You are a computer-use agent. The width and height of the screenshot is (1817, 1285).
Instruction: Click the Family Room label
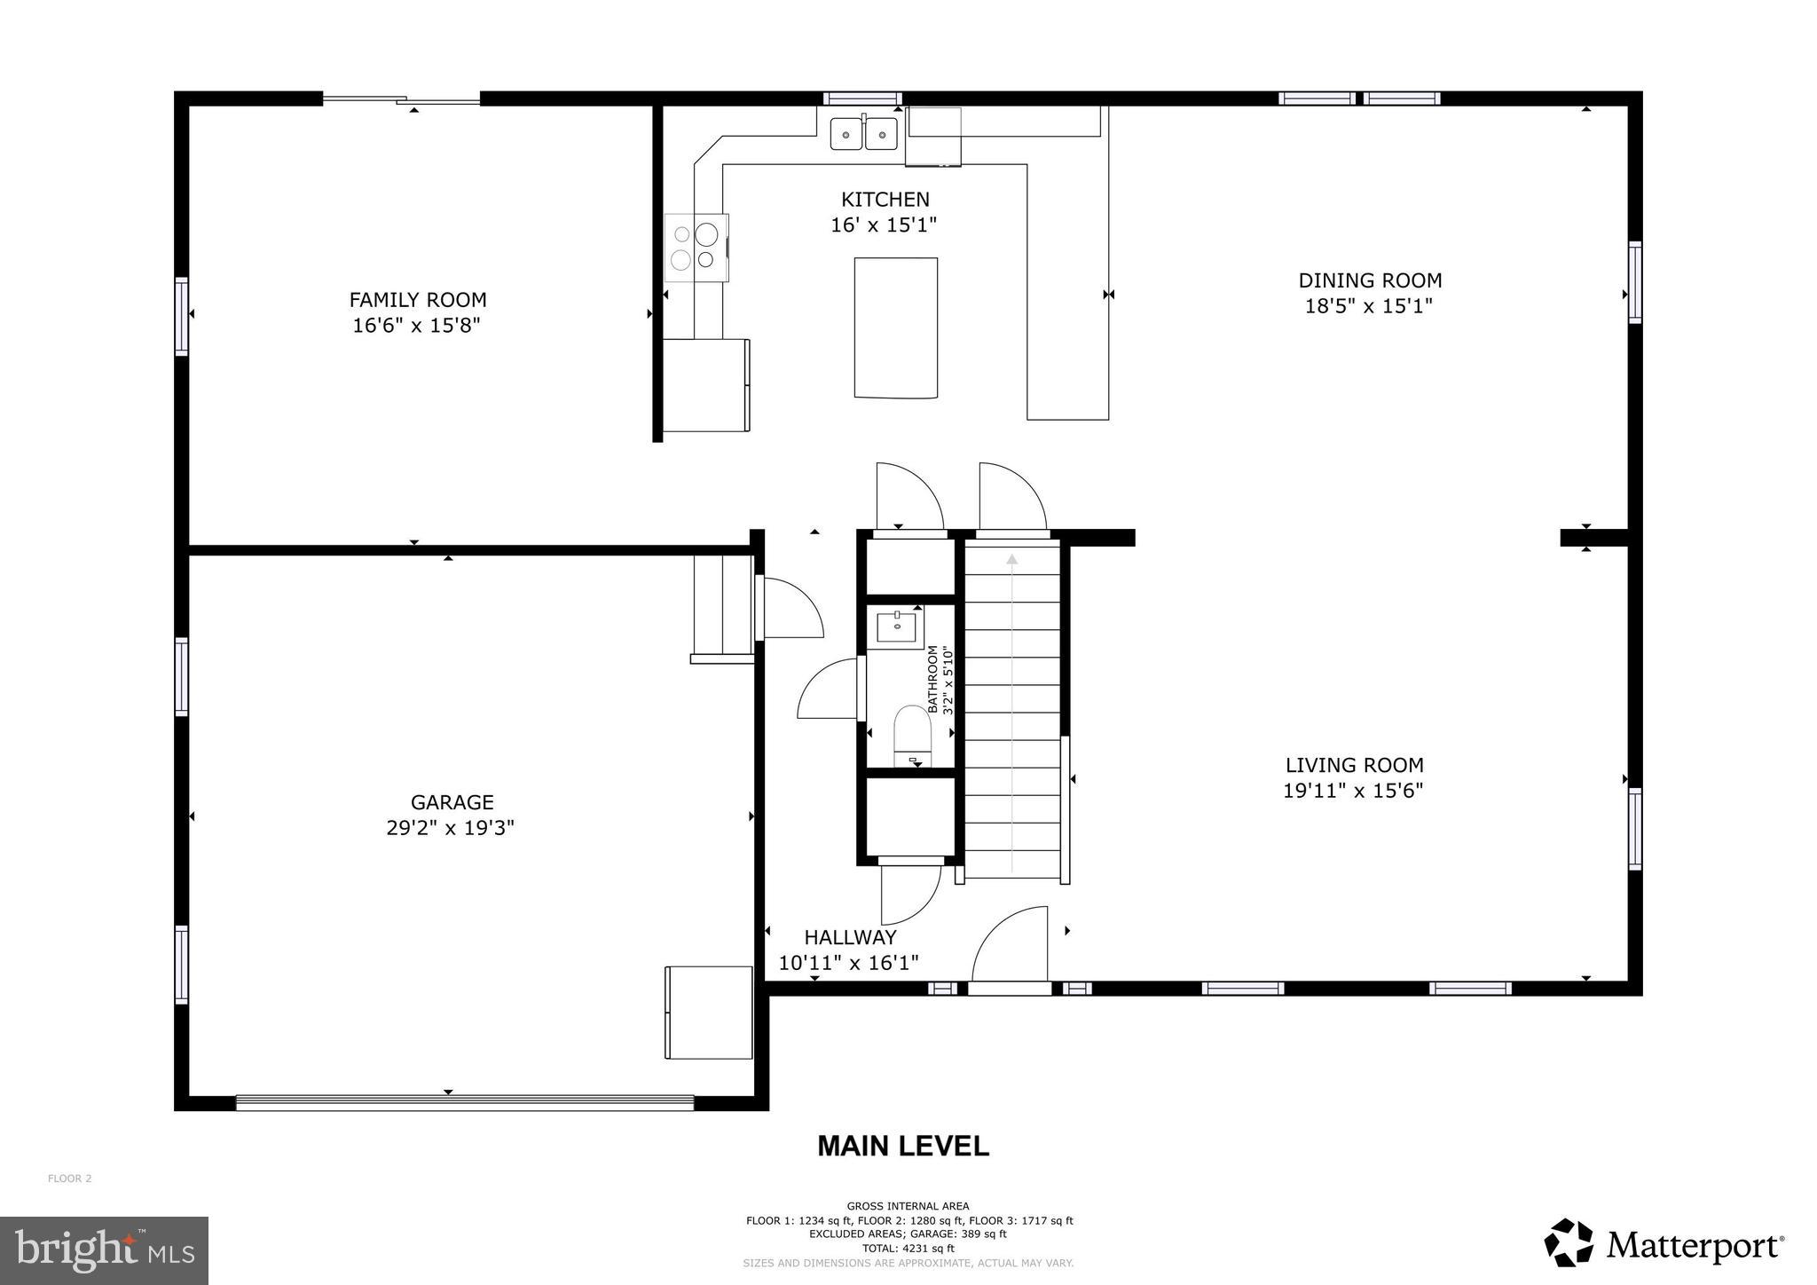click(417, 300)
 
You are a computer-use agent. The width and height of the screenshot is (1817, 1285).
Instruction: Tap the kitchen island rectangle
click(895, 327)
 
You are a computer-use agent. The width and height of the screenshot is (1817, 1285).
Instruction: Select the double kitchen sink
click(863, 134)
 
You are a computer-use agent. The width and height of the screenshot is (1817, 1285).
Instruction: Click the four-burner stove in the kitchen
click(696, 248)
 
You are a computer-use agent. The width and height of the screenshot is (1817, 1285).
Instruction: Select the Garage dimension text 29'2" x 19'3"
click(451, 828)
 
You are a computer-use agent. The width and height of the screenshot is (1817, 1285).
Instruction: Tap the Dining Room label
click(1370, 280)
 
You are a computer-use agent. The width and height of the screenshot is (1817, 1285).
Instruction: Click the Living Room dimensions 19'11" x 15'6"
click(1353, 791)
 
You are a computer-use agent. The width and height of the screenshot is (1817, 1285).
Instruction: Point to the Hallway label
click(850, 937)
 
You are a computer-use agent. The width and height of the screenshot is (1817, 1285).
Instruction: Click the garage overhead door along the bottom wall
click(464, 1103)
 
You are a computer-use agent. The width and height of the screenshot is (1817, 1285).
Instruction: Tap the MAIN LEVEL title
click(902, 1147)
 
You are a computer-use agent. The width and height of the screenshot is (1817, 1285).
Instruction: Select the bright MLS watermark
click(104, 1250)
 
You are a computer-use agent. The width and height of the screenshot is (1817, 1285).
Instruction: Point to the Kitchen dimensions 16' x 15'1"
click(884, 225)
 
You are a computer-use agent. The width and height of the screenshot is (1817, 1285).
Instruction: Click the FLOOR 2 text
click(69, 1179)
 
